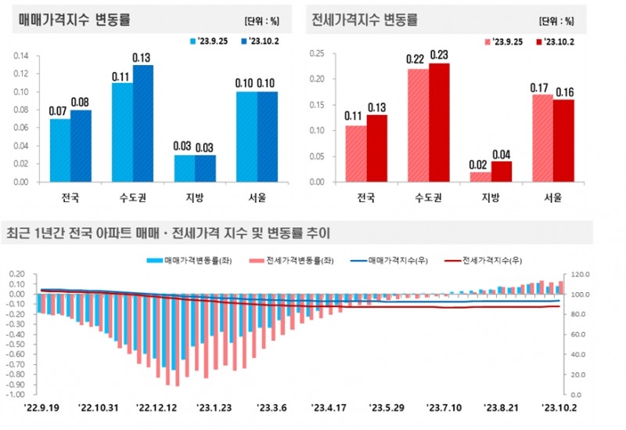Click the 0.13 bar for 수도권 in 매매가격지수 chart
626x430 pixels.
[x=142, y=124]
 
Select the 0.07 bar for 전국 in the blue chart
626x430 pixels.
[x=59, y=150]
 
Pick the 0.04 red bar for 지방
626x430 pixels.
[x=502, y=172]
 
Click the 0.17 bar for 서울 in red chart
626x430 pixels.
[x=542, y=138]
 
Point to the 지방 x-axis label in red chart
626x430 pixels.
[x=491, y=198]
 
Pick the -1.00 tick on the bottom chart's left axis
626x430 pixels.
[x=23, y=394]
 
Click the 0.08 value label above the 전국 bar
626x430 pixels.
[x=81, y=101]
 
